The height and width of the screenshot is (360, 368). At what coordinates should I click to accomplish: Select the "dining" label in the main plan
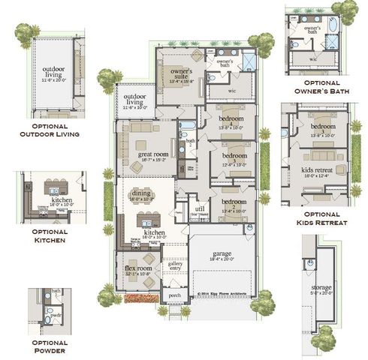(141, 194)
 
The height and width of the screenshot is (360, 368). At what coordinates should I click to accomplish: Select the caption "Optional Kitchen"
(52, 236)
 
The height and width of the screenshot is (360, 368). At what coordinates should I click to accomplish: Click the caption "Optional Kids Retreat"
(318, 219)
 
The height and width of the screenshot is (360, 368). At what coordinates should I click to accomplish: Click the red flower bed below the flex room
(141, 298)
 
